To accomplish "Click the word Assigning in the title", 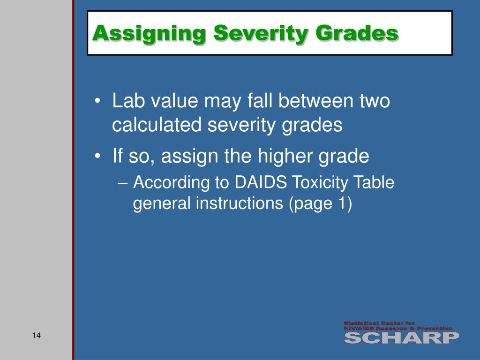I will coord(148,34).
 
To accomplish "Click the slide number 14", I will coord(37,336).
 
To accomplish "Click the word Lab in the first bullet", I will coord(126,101).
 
